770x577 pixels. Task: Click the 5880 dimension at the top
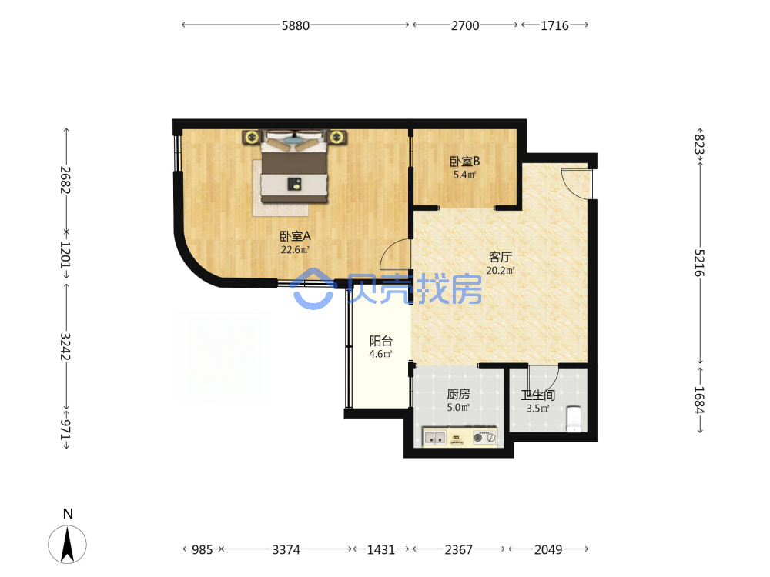coord(295,25)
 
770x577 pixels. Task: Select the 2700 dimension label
coord(465,25)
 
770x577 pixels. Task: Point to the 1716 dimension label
coord(554,25)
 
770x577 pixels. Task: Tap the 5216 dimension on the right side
coord(699,263)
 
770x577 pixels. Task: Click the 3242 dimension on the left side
coord(65,346)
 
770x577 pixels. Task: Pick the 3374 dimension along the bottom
coord(286,549)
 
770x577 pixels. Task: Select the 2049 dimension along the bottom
coord(548,549)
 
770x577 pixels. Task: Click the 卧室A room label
coord(295,236)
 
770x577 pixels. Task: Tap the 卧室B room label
coord(464,162)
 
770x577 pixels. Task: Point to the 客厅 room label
coord(500,257)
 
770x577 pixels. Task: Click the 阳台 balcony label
coord(380,341)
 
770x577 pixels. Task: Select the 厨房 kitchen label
coord(458,393)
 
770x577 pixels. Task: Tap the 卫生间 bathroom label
coord(537,395)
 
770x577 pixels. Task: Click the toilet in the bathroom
coord(574,419)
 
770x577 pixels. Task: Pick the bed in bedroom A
coord(294,166)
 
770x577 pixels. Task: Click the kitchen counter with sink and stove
coord(460,437)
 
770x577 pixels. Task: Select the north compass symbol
coord(67,544)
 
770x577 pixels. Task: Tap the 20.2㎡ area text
coord(500,270)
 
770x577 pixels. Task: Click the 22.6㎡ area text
coord(295,250)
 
